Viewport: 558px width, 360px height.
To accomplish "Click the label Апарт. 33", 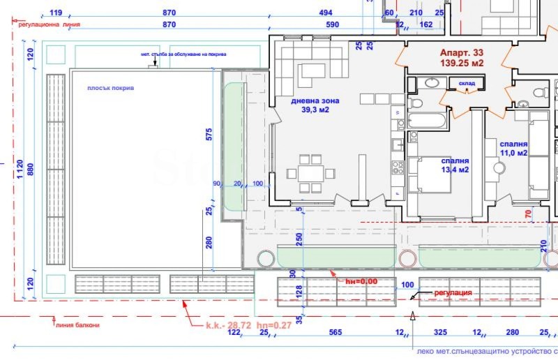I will pos(461,52).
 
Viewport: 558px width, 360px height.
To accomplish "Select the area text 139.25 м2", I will pos(461,63).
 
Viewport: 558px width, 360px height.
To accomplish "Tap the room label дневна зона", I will pos(315,100).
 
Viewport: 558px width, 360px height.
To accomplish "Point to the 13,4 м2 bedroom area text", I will pos(454,169).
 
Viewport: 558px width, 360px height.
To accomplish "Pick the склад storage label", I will pos(467,84).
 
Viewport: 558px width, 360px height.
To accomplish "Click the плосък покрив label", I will pos(111,89).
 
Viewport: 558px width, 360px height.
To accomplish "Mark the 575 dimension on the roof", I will pos(208,135).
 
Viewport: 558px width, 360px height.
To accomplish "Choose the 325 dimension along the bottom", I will pos(440,333).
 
